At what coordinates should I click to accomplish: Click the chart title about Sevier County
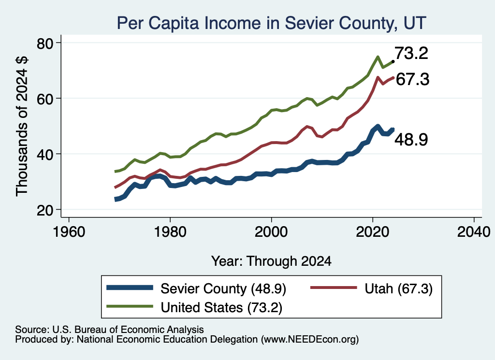coord(272,23)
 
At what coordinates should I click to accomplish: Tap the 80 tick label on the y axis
coord(45,43)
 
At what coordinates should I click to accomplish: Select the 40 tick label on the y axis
coord(45,154)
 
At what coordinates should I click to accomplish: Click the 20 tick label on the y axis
coord(45,210)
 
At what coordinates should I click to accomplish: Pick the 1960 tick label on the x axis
coord(69,232)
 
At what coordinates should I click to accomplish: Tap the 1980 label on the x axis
coord(170,232)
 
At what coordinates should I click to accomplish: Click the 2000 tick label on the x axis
coord(271,232)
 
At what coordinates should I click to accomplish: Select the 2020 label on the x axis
coord(373,232)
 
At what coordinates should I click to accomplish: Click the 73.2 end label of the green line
coord(411,53)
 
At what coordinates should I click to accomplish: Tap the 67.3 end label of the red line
coord(412,79)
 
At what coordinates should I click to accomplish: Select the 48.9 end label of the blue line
coord(411,139)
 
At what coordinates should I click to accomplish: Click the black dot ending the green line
coord(393,61)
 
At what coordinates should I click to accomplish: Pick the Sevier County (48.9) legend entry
coord(196,288)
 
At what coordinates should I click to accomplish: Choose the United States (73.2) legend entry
coord(194,307)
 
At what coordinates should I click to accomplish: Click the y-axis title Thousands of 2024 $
coord(22,126)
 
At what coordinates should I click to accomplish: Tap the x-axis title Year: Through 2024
coord(271,261)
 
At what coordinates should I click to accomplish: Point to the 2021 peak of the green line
coord(378,57)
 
